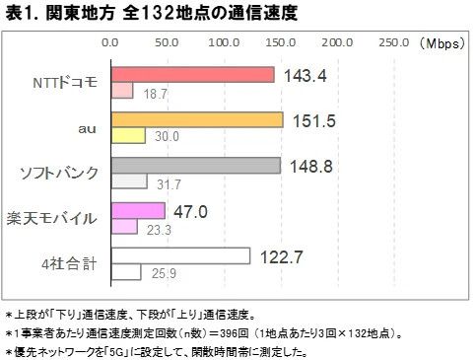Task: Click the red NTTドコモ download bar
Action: point(192,75)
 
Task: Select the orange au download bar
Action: point(197,119)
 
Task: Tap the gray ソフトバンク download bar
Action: point(195,165)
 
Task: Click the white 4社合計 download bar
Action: point(180,255)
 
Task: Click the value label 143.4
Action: point(305,75)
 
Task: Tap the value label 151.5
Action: point(313,120)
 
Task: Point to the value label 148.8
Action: point(311,166)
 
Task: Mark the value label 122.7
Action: point(281,256)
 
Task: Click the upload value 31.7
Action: point(168,182)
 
